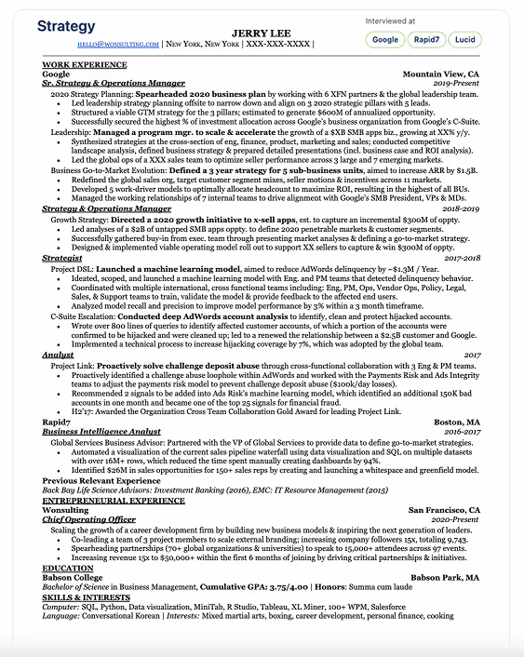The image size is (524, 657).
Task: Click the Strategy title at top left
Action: point(66,27)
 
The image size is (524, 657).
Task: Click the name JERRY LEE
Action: point(262,34)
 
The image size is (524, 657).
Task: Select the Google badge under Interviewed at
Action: point(385,40)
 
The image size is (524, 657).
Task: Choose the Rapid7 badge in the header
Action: point(426,40)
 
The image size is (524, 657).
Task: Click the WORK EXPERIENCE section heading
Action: point(84,64)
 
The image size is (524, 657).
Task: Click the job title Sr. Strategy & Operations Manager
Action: point(114,83)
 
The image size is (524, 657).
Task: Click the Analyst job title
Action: point(58,354)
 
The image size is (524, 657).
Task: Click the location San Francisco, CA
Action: point(445,509)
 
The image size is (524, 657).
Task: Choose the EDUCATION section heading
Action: point(67,568)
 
